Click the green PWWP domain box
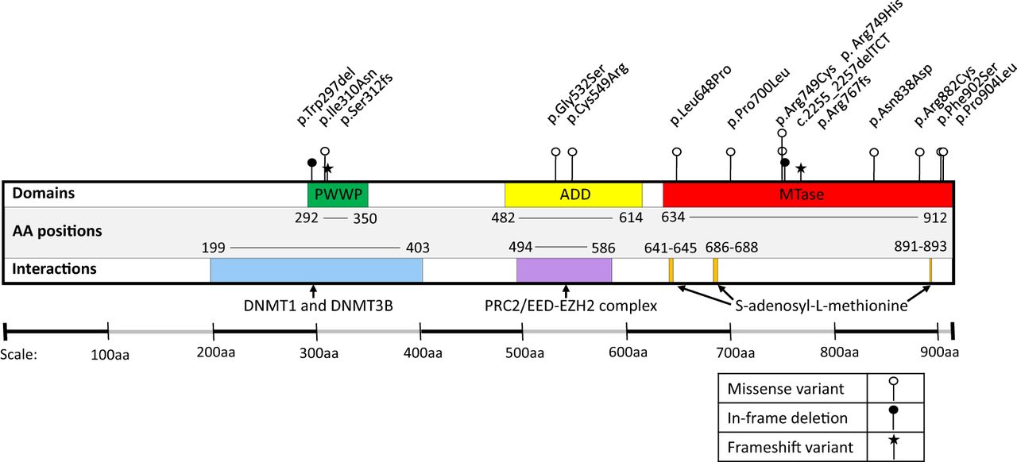pyautogui.click(x=338, y=194)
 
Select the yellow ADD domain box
pyautogui.click(x=573, y=194)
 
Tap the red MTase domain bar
pyautogui.click(x=807, y=194)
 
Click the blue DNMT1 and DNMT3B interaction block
pyautogui.click(x=316, y=270)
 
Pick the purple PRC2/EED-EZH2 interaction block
pyautogui.click(x=564, y=270)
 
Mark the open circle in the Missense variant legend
pyautogui.click(x=894, y=382)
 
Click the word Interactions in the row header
pyautogui.click(x=54, y=268)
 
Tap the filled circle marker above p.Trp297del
pyautogui.click(x=311, y=163)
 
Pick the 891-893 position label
pyautogui.click(x=921, y=247)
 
